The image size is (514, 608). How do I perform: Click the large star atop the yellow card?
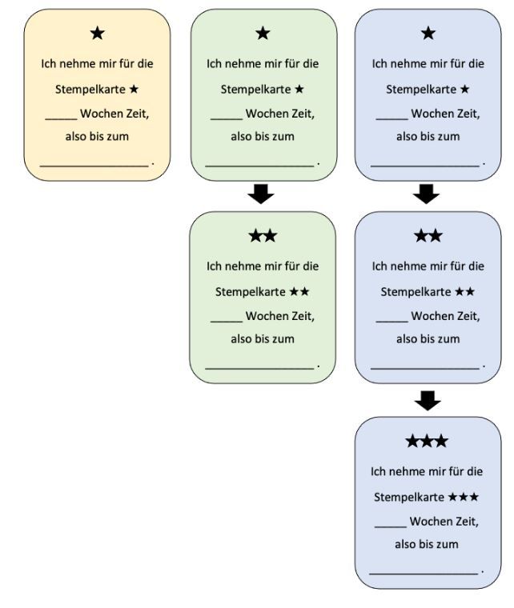point(98,34)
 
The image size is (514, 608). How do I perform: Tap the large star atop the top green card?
point(263,34)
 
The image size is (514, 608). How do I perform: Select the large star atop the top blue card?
point(428,34)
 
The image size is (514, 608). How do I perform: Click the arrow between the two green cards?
point(261,194)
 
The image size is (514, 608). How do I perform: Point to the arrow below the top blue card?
point(426,194)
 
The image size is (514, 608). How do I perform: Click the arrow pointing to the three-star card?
point(428,401)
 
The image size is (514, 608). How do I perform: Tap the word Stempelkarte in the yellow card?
point(90,90)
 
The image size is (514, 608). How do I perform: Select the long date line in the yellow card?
point(94,166)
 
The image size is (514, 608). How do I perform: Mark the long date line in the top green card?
point(259,166)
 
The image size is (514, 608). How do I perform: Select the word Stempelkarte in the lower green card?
point(251,292)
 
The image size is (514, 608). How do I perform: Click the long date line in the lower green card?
point(259,368)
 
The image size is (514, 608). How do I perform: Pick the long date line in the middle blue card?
point(425,368)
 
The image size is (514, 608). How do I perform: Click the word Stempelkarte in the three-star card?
point(409,497)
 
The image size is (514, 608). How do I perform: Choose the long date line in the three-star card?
point(424,574)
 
